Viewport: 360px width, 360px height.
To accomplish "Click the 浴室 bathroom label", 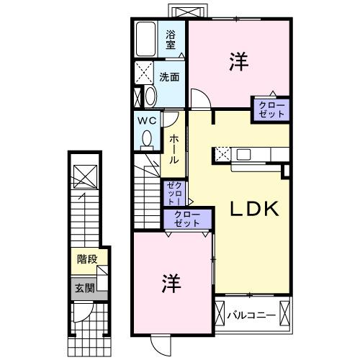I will click(x=171, y=40).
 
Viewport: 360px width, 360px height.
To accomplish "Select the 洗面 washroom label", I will click(x=170, y=76).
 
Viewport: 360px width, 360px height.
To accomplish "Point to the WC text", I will click(x=148, y=120).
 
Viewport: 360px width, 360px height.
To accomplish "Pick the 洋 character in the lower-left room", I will click(x=170, y=282).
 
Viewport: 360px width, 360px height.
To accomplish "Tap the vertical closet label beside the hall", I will click(x=174, y=194).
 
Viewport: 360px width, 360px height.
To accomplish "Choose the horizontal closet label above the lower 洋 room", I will click(x=187, y=218).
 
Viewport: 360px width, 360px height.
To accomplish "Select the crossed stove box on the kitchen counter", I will click(x=223, y=153).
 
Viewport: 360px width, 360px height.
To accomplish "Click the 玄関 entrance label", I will click(x=84, y=287).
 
